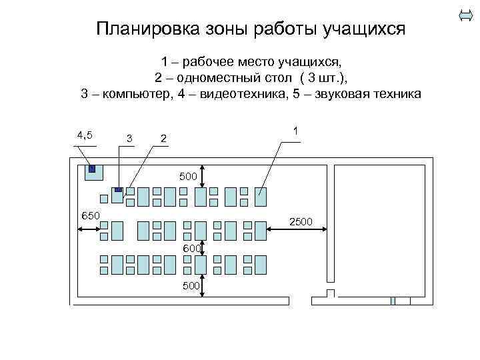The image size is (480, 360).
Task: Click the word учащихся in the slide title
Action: point(364,29)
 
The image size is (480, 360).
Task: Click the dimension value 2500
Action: point(301,222)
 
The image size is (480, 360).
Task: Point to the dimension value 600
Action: point(192,249)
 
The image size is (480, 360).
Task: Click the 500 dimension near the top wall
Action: point(190,177)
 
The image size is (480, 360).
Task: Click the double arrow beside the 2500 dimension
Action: point(297,231)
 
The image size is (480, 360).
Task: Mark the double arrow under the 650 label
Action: point(89,230)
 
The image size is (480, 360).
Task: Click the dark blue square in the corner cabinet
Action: point(93,169)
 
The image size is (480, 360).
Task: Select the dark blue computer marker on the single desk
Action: point(119,190)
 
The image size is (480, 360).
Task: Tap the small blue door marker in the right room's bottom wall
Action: point(393,301)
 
